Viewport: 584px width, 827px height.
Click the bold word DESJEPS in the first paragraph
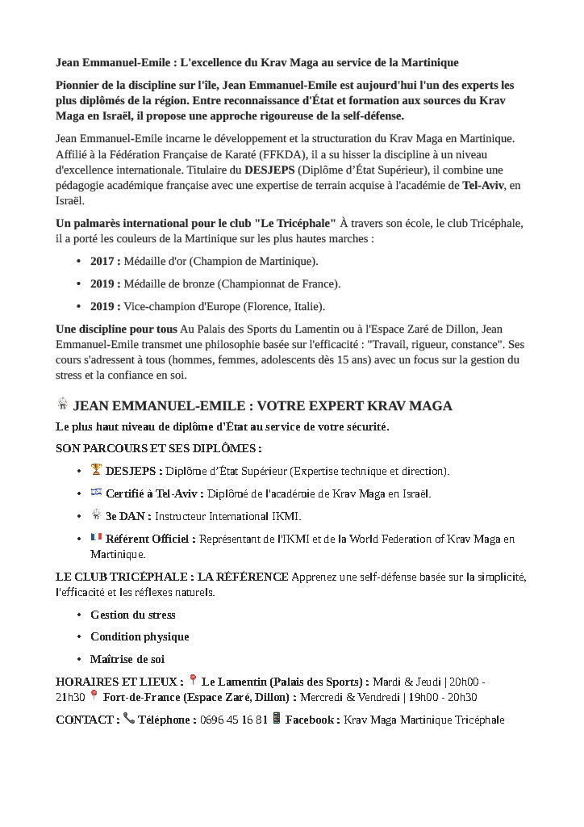pos(269,170)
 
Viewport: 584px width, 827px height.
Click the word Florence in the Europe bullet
pos(259,307)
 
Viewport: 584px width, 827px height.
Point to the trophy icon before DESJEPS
pos(96,470)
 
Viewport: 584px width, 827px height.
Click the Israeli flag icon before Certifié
pos(96,493)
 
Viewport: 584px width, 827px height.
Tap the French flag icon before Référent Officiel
pos(96,538)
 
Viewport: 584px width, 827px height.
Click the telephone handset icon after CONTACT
pos(129,719)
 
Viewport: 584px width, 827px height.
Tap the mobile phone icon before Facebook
pos(277,719)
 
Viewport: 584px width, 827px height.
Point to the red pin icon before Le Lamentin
pos(193,682)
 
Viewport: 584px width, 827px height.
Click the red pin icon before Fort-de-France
pos(94,697)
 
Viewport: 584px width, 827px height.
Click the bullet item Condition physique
pos(140,637)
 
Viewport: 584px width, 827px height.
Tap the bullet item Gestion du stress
pos(132,615)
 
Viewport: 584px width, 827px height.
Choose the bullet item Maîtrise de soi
pos(127,660)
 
